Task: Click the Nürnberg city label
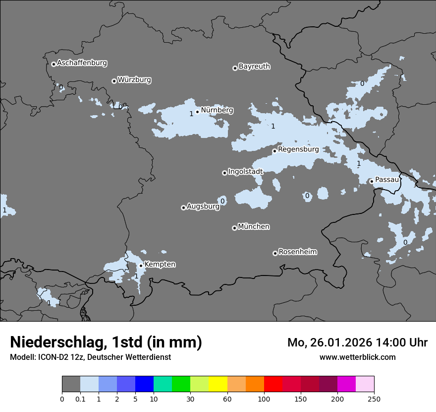pos(217,110)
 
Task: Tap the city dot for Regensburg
pos(274,151)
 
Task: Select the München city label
pos(254,227)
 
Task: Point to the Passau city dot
pos(372,181)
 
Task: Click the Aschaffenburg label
pos(82,63)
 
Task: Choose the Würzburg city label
pos(134,80)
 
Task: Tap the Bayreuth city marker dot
pos(235,69)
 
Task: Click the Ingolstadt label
pos(245,172)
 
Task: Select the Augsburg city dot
pos(183,207)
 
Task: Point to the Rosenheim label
pos(297,252)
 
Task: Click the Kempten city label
pos(160,265)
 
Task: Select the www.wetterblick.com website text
pos(357,357)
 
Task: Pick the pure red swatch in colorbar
pos(273,384)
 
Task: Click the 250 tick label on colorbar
pos(374,399)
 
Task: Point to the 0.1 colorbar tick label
pos(80,399)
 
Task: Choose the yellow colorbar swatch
pos(218,384)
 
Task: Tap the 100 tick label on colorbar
pos(264,399)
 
